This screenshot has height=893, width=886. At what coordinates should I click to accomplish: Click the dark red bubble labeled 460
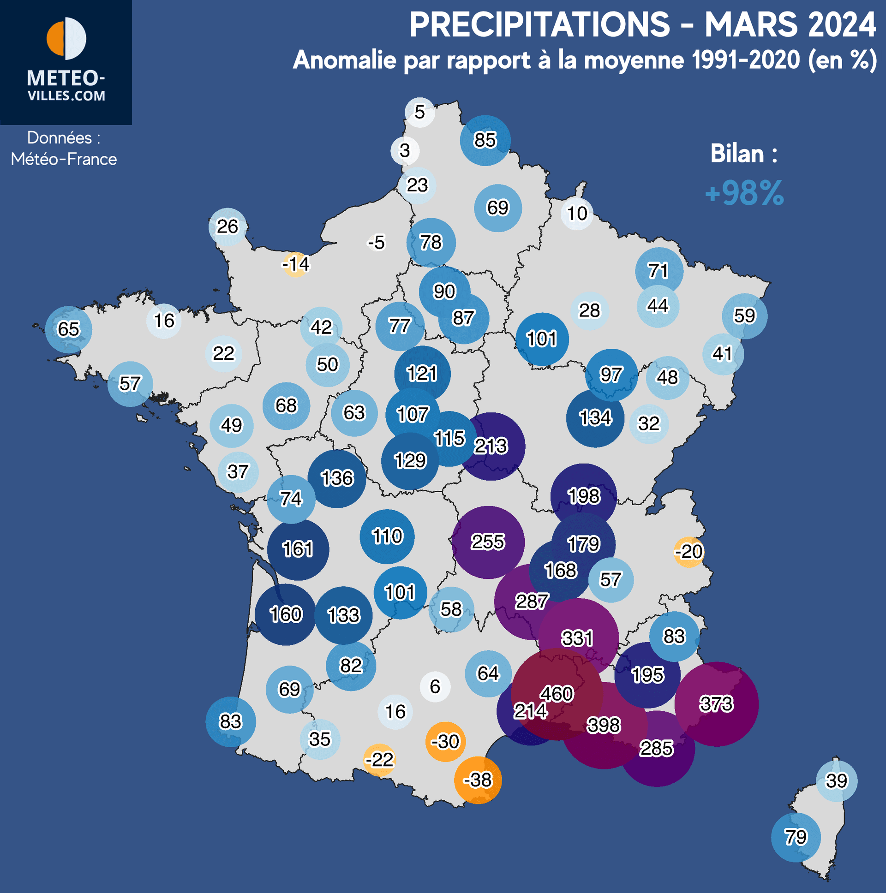click(x=557, y=694)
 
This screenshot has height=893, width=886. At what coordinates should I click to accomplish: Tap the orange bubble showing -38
click(x=478, y=780)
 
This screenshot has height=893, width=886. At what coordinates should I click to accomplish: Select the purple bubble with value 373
click(x=716, y=704)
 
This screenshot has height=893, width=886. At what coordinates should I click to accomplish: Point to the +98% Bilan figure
click(x=744, y=193)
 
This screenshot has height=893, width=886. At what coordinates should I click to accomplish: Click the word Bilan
click(x=737, y=154)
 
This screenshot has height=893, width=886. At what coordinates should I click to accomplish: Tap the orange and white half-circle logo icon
click(x=66, y=39)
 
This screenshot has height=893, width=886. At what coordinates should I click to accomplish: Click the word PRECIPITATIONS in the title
click(x=539, y=25)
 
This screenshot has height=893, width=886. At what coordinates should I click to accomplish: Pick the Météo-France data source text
click(x=64, y=159)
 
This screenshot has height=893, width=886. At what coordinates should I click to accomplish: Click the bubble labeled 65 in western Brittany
click(x=68, y=329)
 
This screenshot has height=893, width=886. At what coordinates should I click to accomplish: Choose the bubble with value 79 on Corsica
click(x=796, y=837)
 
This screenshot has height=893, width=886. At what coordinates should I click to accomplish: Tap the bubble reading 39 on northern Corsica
click(x=837, y=781)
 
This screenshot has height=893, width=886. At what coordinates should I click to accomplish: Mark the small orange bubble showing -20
click(x=689, y=551)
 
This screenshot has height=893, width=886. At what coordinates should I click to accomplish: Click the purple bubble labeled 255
click(x=488, y=542)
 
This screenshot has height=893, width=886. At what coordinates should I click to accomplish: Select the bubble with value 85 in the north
click(x=485, y=140)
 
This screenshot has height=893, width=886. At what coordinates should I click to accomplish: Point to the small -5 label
click(x=377, y=242)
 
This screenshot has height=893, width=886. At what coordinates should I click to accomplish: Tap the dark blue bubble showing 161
click(x=298, y=549)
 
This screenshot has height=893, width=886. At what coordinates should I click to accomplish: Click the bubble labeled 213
click(x=491, y=446)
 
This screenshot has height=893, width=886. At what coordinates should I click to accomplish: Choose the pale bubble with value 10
click(x=577, y=214)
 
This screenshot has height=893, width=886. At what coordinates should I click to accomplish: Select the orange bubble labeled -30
click(x=445, y=741)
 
